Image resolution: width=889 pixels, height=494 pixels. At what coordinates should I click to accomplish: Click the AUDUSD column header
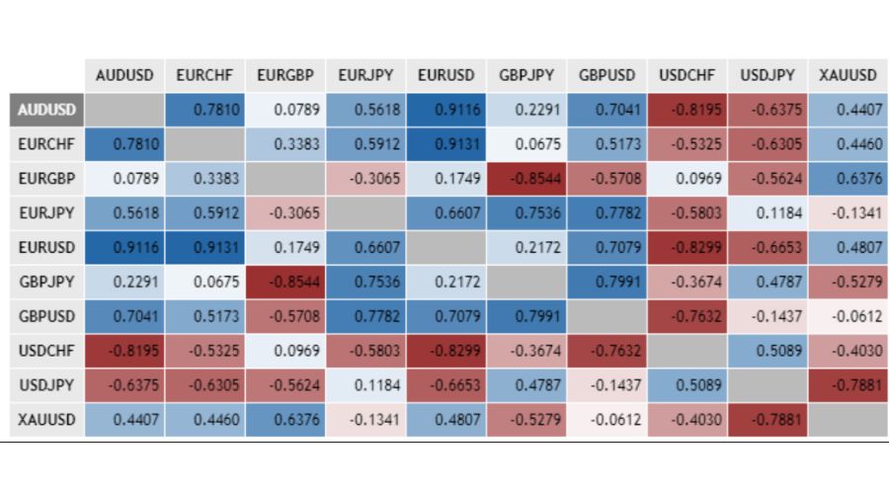[124, 75]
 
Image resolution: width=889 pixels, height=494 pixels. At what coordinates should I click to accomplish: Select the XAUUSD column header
[848, 75]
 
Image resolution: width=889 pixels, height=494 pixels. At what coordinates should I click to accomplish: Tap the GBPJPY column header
[525, 75]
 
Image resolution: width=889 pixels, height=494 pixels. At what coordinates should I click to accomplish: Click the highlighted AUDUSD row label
[45, 110]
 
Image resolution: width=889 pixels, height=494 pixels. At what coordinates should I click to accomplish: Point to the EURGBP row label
[45, 179]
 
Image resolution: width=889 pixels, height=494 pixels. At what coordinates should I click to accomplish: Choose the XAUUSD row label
[45, 420]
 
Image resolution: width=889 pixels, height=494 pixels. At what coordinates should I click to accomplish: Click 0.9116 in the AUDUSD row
[445, 110]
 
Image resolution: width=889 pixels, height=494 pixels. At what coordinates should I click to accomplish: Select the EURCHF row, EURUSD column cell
[445, 144]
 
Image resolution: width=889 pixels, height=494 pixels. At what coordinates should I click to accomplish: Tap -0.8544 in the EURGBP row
[525, 179]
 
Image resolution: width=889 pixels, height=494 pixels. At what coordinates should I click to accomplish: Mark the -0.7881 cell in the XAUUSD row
[768, 420]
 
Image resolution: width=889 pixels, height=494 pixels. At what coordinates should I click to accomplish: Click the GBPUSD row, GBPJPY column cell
[525, 317]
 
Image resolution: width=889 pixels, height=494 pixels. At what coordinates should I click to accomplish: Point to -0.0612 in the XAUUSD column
[848, 317]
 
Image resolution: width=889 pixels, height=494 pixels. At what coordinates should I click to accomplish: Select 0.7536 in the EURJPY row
[525, 213]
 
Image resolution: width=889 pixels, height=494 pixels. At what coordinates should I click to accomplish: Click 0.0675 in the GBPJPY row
[204, 283]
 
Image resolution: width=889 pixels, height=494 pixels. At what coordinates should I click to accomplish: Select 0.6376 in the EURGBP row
[848, 179]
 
